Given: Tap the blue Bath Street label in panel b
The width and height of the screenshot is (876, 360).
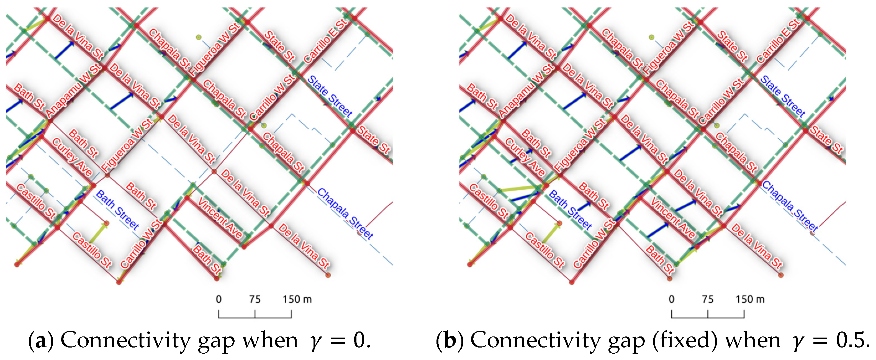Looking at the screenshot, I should point(570,210).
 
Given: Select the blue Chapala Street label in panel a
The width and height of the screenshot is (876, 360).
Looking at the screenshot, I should point(345,213).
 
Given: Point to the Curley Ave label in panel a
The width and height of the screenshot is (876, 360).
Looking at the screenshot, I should point(72,157).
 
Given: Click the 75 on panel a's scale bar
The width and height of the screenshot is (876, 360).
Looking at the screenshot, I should point(255,299).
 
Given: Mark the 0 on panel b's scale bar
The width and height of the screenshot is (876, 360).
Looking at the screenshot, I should point(671,299).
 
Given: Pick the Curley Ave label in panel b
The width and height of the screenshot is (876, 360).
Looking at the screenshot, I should point(525,157).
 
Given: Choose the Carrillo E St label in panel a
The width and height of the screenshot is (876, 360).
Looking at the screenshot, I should point(325,42).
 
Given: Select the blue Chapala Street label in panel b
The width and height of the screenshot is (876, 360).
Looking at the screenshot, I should point(790,206).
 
